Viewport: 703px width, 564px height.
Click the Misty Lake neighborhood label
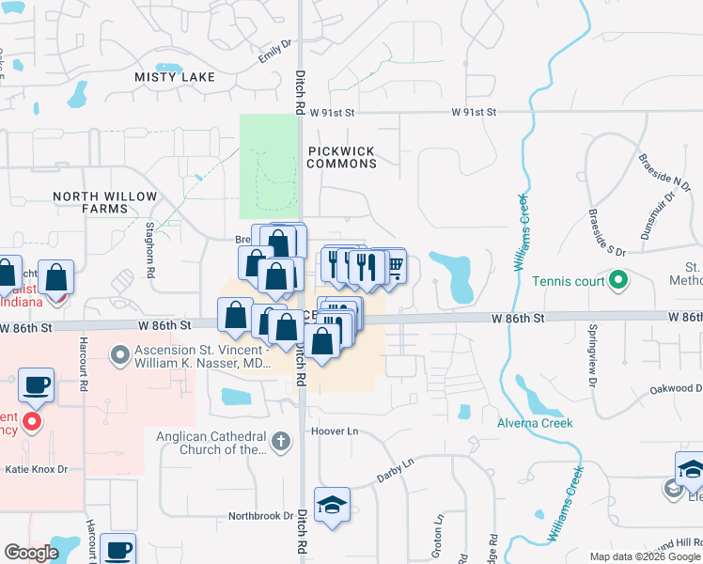(x=175, y=76)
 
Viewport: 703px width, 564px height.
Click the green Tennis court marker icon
(x=618, y=280)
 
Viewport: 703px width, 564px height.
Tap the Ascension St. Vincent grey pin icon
(x=119, y=355)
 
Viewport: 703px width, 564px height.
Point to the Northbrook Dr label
(x=261, y=516)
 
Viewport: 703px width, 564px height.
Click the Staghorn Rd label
(x=149, y=249)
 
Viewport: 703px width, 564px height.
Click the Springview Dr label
(x=593, y=344)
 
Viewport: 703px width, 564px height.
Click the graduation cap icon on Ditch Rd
(x=332, y=507)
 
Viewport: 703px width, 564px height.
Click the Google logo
(x=31, y=553)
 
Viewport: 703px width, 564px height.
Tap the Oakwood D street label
(x=676, y=388)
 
